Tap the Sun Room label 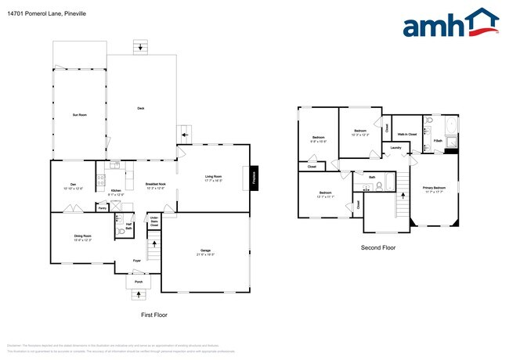tap(79, 115)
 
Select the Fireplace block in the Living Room tap(254, 177)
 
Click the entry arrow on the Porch tap(139, 294)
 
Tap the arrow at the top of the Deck tap(140, 48)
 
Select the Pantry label tap(103, 207)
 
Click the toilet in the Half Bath tap(121, 232)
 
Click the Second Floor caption tap(377, 247)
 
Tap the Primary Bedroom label tap(435, 189)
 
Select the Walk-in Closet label tap(406, 135)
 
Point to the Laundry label tap(396, 147)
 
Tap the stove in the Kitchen tap(100, 181)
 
